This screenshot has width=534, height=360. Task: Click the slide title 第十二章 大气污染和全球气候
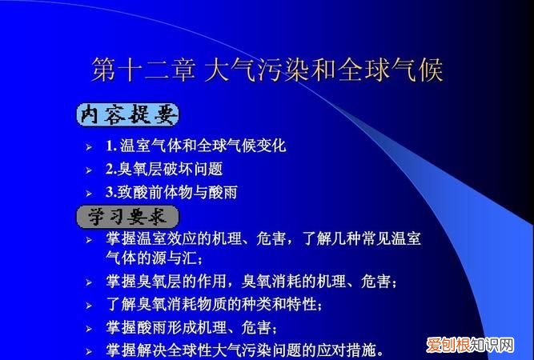[267, 70]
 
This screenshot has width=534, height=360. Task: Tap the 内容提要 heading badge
[127, 114]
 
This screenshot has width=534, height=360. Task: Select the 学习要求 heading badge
[127, 217]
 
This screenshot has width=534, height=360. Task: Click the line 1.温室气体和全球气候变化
[195, 146]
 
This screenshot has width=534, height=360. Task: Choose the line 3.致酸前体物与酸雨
[171, 192]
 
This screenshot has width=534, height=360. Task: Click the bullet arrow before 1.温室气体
[90, 147]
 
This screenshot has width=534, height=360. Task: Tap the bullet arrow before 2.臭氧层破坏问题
[90, 170]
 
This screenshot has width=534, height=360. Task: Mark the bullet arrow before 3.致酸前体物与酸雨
[90, 193]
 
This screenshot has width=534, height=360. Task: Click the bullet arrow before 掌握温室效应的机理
[90, 240]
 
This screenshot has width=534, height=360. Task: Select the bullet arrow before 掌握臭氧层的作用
[90, 282]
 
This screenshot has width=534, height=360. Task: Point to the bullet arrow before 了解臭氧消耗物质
[90, 306]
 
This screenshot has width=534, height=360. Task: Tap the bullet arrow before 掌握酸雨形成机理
[90, 329]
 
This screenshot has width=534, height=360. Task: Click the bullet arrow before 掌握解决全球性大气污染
[90, 351]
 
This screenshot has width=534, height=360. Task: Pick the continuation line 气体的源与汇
[155, 259]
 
